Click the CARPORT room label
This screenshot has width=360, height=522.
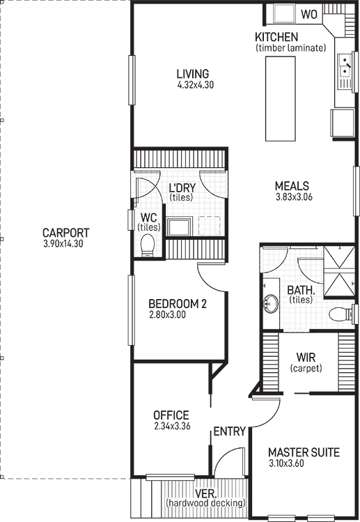point(66,233)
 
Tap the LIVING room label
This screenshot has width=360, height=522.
point(192,74)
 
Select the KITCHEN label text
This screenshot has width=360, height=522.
point(276,37)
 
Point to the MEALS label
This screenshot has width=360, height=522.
point(291,186)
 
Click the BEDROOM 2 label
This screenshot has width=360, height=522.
point(177,304)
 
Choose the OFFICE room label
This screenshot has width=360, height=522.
point(171,415)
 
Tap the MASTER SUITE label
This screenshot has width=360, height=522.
point(303,453)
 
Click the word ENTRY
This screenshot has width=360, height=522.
point(229,432)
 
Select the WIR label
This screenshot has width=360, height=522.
point(306,358)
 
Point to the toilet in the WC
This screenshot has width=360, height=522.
point(147,245)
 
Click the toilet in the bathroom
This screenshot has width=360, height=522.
point(339,314)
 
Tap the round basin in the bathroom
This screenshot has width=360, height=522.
point(270,305)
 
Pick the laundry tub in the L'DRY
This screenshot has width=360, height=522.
point(182,227)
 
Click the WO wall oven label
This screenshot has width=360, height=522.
point(308,13)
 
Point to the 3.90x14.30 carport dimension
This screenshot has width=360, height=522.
point(66,244)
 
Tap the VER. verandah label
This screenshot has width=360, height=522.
point(205,493)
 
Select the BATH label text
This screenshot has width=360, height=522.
point(301,290)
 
